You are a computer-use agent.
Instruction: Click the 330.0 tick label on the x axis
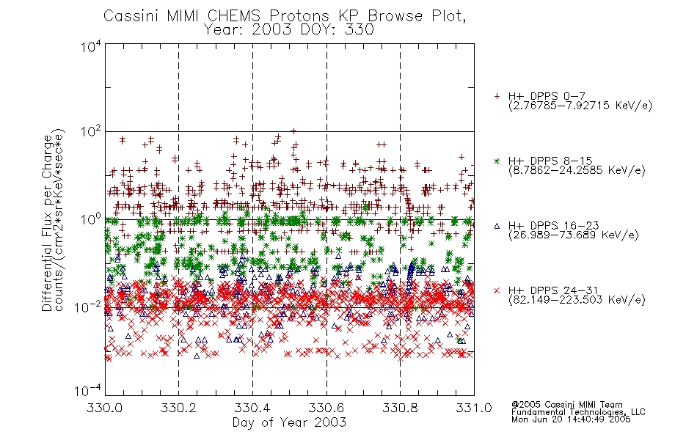(105, 408)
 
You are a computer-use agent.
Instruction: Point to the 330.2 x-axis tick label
(179, 408)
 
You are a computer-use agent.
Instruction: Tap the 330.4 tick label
(252, 408)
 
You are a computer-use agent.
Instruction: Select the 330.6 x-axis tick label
(326, 408)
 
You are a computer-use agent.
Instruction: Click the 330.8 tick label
(400, 408)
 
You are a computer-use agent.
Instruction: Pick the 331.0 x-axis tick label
(474, 408)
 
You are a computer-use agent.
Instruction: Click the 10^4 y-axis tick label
(91, 46)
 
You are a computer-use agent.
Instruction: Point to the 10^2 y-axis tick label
(91, 131)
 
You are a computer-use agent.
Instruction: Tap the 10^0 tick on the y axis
(91, 219)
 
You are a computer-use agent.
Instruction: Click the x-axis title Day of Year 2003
(289, 422)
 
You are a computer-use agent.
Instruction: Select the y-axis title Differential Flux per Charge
(47, 223)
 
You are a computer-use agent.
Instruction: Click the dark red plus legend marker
(497, 96)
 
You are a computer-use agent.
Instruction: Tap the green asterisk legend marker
(497, 161)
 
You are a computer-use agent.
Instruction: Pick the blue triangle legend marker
(497, 226)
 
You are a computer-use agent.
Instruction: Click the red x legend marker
(497, 290)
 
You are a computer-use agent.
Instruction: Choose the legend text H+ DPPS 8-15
(550, 161)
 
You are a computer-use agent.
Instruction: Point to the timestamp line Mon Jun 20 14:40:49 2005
(571, 419)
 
